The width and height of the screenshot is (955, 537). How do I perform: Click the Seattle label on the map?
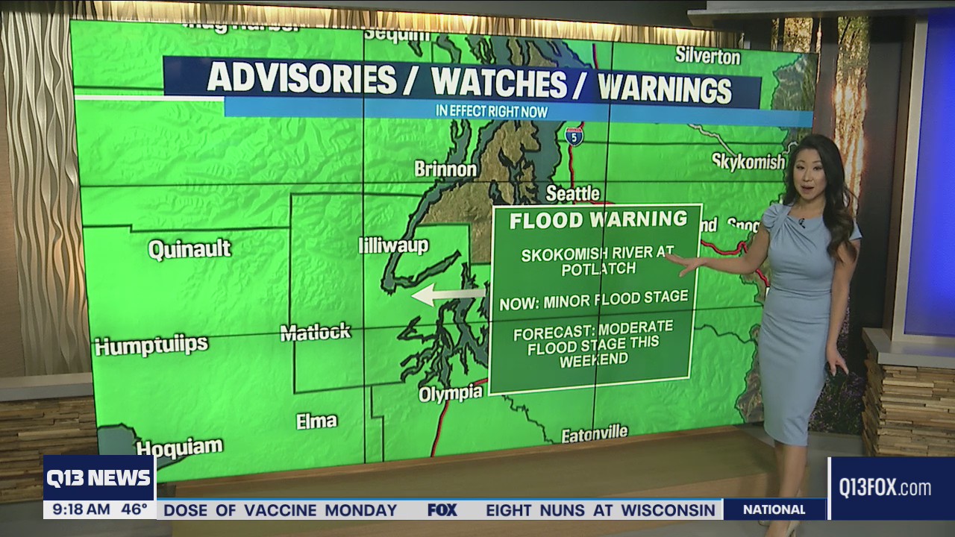point(572,193)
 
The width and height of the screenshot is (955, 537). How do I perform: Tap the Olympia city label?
point(450,393)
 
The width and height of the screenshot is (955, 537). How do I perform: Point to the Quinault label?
point(190,249)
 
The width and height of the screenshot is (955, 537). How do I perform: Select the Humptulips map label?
point(151,346)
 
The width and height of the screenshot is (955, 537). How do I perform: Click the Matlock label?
point(315,333)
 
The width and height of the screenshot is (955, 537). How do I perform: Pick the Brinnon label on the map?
point(445,169)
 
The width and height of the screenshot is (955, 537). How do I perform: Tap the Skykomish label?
point(748,162)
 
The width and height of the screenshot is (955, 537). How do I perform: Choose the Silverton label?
point(707,56)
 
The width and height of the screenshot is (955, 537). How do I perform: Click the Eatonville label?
point(594,434)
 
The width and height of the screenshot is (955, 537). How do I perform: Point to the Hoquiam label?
point(179,447)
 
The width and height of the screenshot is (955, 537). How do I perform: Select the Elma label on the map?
point(316,421)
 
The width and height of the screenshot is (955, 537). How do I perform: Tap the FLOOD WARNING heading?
point(598,220)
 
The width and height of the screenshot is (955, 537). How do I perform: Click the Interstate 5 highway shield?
point(574,136)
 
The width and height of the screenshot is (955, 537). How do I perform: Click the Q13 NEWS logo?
point(98,478)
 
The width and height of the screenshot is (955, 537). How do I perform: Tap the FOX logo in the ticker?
point(442,510)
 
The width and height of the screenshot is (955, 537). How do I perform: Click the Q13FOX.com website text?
point(885,489)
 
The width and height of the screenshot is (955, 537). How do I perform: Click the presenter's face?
point(810,176)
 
